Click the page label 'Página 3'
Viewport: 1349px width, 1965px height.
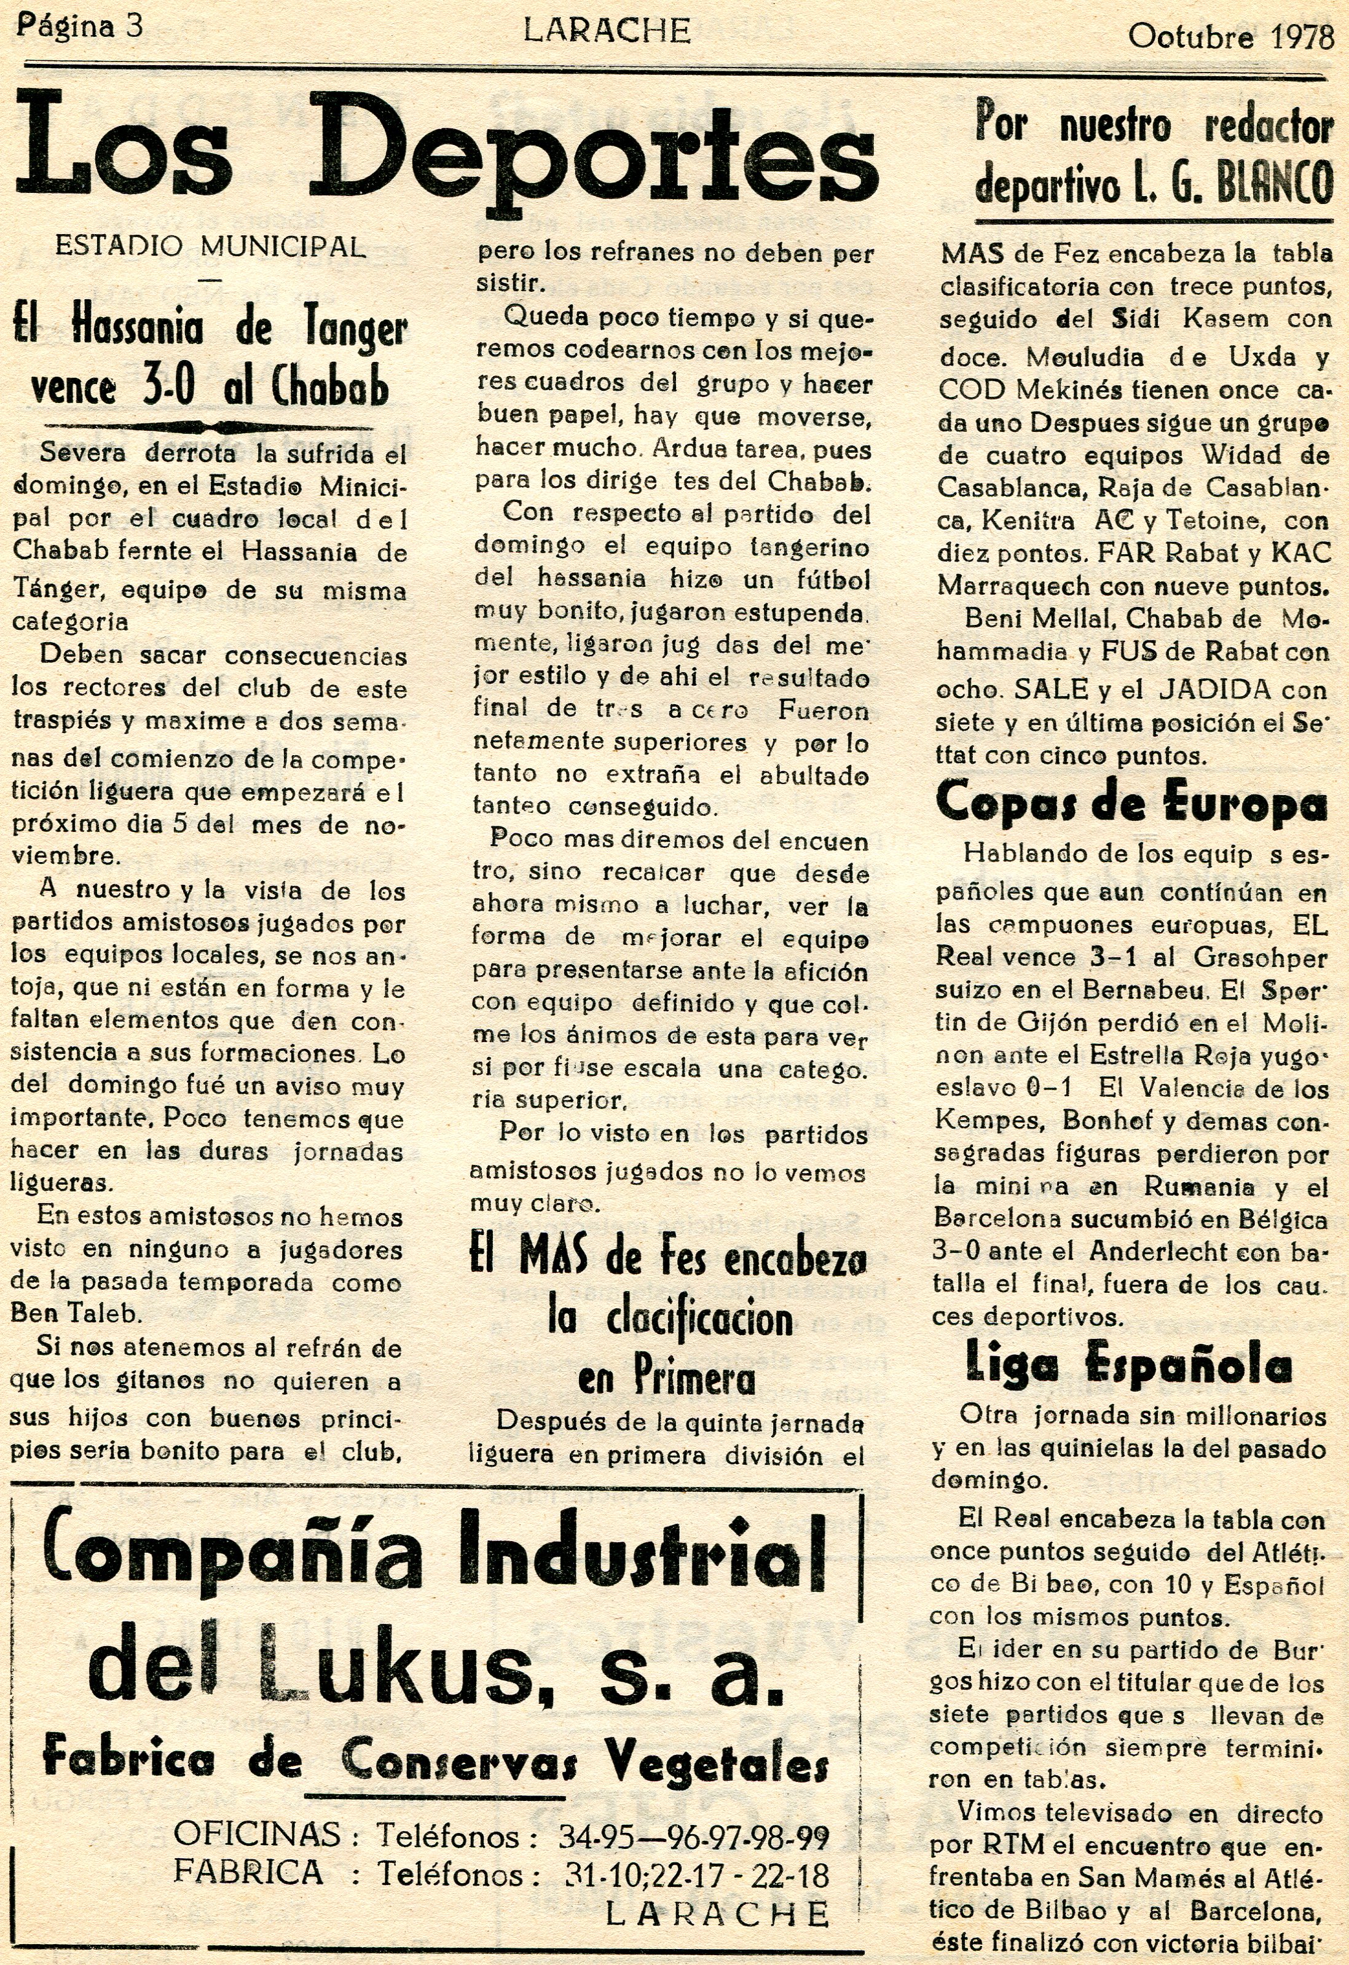(x=79, y=27)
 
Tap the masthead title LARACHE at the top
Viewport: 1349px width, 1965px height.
(x=607, y=31)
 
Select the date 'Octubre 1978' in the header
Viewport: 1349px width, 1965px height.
(x=1230, y=38)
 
